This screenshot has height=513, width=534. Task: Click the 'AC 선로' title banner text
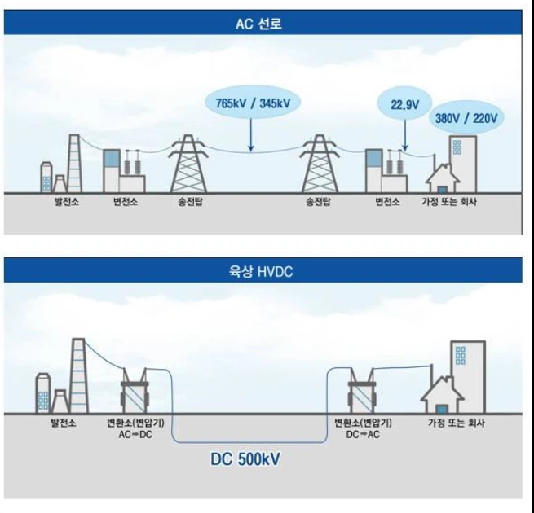click(x=258, y=24)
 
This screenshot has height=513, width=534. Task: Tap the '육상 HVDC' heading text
click(x=261, y=272)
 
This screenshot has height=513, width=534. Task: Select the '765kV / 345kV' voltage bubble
click(x=253, y=103)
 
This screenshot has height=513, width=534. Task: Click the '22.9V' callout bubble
click(x=405, y=104)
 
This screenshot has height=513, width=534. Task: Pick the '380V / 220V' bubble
click(x=466, y=118)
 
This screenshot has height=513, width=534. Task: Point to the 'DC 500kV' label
click(x=245, y=459)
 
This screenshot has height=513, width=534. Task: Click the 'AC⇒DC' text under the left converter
click(x=135, y=434)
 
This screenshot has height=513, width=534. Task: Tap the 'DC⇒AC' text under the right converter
click(x=363, y=434)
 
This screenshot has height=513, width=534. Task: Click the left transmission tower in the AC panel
click(x=188, y=164)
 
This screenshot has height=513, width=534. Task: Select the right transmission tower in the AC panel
click(x=320, y=164)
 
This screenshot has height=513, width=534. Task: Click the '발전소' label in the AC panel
click(x=67, y=202)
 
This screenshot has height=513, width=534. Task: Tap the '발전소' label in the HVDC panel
click(x=64, y=423)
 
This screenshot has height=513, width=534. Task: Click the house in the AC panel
click(x=443, y=178)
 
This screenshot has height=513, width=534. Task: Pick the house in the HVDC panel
click(x=442, y=395)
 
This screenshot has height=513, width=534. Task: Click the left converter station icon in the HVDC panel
click(x=135, y=391)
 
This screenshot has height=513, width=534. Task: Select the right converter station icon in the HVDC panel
click(x=362, y=391)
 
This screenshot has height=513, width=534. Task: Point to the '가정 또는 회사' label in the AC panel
click(x=449, y=202)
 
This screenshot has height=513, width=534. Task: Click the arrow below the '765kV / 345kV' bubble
click(x=251, y=134)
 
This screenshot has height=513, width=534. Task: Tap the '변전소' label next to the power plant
click(x=126, y=202)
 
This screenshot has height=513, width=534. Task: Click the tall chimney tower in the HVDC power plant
click(x=78, y=376)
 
